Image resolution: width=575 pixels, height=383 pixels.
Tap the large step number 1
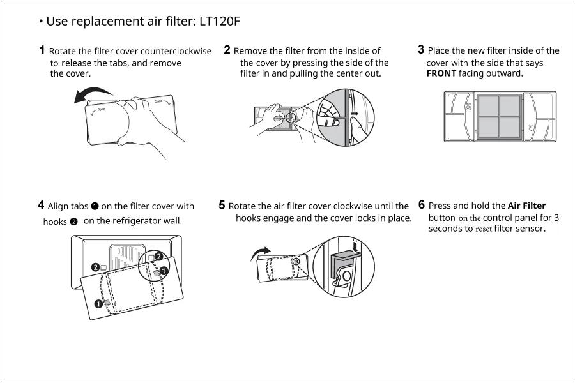[42, 50]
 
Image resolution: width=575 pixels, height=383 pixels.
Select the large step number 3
[421, 50]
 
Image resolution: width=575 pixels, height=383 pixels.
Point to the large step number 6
[422, 205]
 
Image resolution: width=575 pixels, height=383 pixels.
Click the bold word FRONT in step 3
[441, 73]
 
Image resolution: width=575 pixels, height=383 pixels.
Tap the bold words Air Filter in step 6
[526, 206]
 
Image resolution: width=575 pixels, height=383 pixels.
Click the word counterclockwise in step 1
[180, 51]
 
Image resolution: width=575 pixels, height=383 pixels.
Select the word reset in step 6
[481, 229]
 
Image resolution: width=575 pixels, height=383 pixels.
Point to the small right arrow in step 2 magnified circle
[355, 116]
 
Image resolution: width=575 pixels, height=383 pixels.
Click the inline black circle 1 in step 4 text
[95, 206]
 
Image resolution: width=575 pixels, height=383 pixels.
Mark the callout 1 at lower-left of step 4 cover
[99, 304]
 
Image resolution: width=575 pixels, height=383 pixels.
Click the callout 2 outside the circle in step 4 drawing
[95, 266]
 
